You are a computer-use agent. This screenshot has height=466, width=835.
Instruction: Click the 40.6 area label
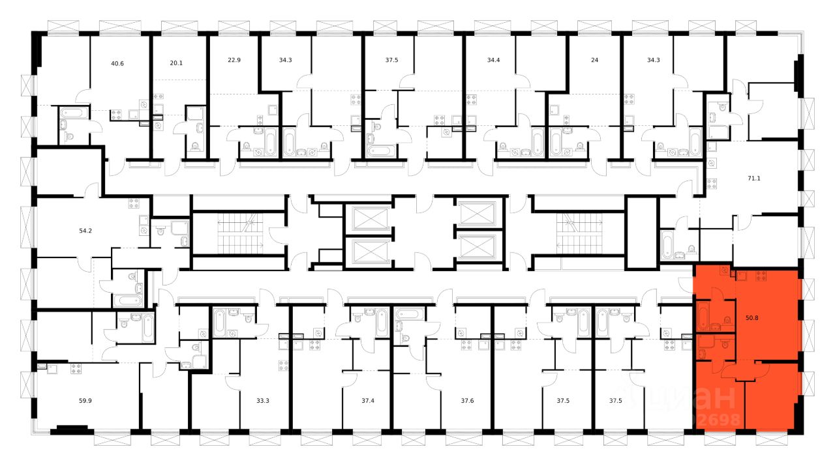pos(117,63)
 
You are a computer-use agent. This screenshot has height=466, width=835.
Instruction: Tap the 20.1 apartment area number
pos(176,63)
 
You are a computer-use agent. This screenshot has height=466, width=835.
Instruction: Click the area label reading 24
pos(594,60)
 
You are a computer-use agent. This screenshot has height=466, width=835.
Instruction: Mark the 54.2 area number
pos(85,231)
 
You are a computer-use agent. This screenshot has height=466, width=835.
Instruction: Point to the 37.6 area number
pos(467,401)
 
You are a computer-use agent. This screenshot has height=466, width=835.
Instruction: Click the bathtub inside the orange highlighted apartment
pos(704,317)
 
